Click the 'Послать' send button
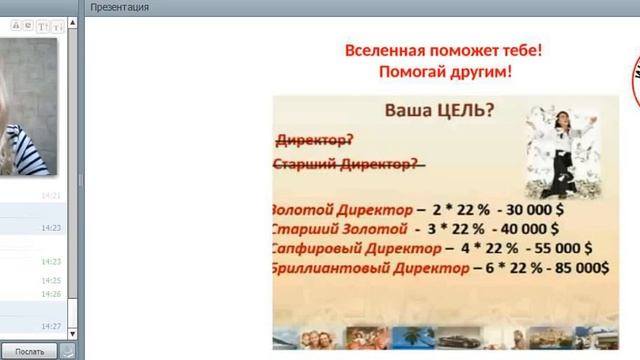[29, 351]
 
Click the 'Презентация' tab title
[119, 7]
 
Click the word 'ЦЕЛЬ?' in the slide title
[461, 111]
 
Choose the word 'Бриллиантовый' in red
[320, 268]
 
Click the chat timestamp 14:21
[51, 196]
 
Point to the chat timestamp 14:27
[51, 327]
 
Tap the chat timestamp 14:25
[51, 281]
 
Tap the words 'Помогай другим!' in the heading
[446, 72]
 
